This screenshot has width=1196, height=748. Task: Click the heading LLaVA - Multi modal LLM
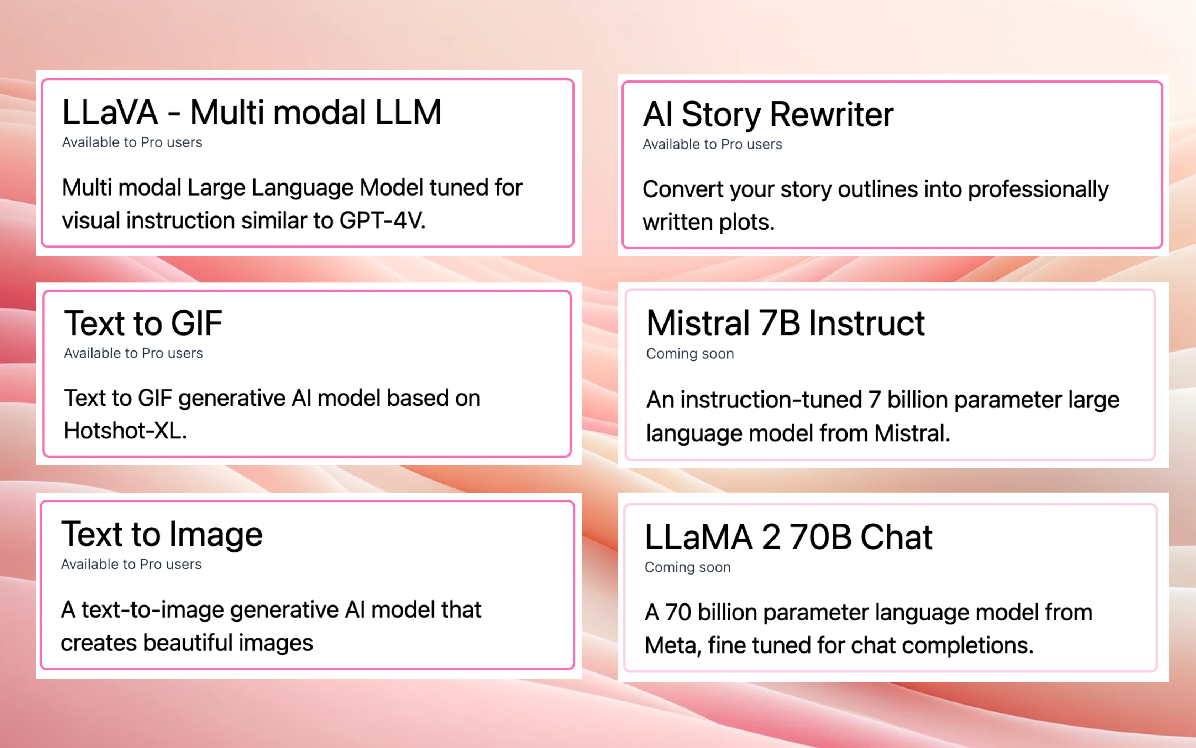pyautogui.click(x=252, y=112)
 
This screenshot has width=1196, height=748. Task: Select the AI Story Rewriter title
pyautogui.click(x=768, y=115)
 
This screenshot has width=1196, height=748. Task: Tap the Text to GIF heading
pyautogui.click(x=143, y=323)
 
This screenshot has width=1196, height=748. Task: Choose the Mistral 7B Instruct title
pyautogui.click(x=785, y=323)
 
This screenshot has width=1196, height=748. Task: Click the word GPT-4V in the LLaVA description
pyautogui.click(x=382, y=220)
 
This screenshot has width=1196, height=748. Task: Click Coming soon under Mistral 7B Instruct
pyautogui.click(x=690, y=354)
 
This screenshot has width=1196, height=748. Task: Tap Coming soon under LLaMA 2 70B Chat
pyautogui.click(x=687, y=567)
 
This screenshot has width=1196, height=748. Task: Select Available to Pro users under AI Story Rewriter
pyautogui.click(x=712, y=145)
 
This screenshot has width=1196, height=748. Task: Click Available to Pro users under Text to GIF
pyautogui.click(x=133, y=353)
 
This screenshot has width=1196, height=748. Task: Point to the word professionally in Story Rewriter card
pyautogui.click(x=1038, y=190)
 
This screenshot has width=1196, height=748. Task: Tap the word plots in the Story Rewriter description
pyautogui.click(x=747, y=223)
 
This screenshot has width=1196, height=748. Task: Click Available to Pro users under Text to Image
pyautogui.click(x=131, y=565)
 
